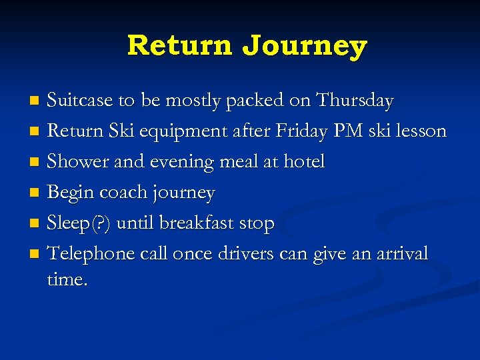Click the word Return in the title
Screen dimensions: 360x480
coord(180,45)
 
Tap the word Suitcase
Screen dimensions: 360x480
coord(81,101)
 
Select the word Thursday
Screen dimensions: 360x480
coord(355,101)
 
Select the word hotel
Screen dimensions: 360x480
coord(304,162)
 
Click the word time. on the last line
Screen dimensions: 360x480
coord(67,280)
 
